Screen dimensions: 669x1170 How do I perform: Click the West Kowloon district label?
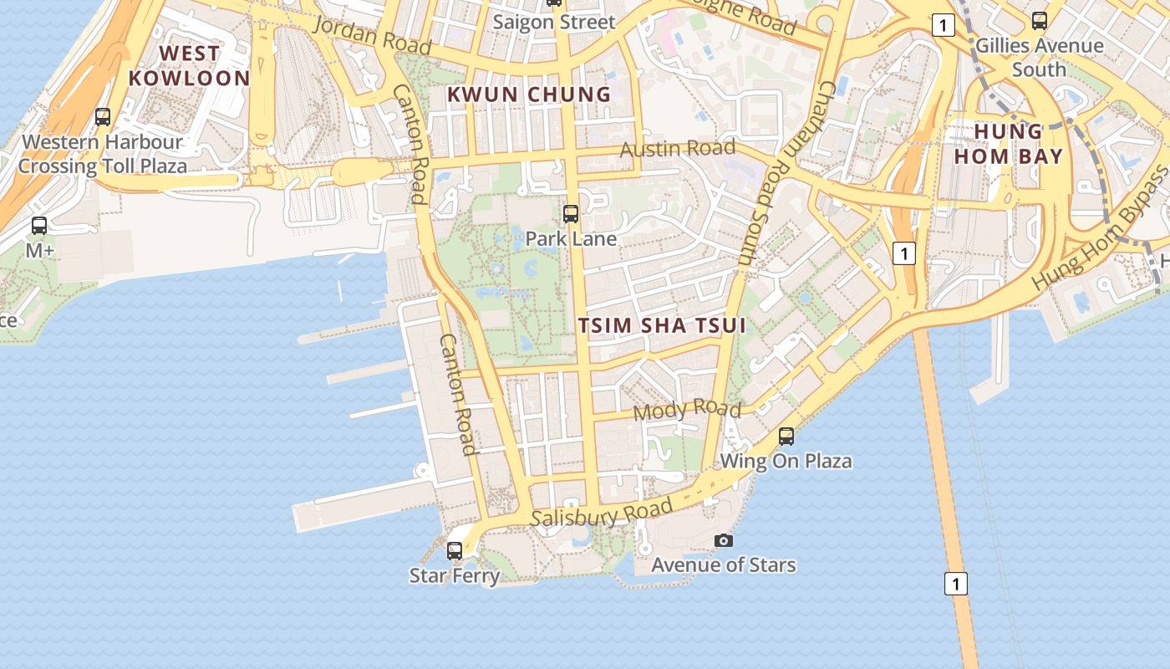(x=189, y=65)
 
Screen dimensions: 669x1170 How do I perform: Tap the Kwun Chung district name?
(x=529, y=94)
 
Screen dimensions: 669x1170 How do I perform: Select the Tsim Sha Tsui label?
(x=661, y=325)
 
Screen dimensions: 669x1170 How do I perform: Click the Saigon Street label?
(x=553, y=22)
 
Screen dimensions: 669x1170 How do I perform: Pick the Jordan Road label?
(x=371, y=34)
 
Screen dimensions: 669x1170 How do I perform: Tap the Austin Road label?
(x=678, y=149)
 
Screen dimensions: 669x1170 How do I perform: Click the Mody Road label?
(x=687, y=410)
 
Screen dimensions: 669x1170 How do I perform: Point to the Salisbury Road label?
(x=602, y=513)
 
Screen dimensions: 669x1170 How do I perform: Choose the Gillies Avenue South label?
(x=1040, y=57)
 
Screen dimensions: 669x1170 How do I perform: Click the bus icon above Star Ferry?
(x=455, y=550)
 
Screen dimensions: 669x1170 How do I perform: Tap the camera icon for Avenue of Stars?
(x=724, y=541)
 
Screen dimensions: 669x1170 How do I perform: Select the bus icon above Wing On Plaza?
(x=786, y=436)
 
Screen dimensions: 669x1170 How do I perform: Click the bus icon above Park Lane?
(x=571, y=213)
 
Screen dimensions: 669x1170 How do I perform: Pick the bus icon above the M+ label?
(x=39, y=225)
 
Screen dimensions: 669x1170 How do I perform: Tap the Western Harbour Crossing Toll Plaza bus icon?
(x=103, y=117)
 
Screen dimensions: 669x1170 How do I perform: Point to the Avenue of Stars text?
(x=724, y=565)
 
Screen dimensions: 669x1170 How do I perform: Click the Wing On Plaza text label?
(x=786, y=461)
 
